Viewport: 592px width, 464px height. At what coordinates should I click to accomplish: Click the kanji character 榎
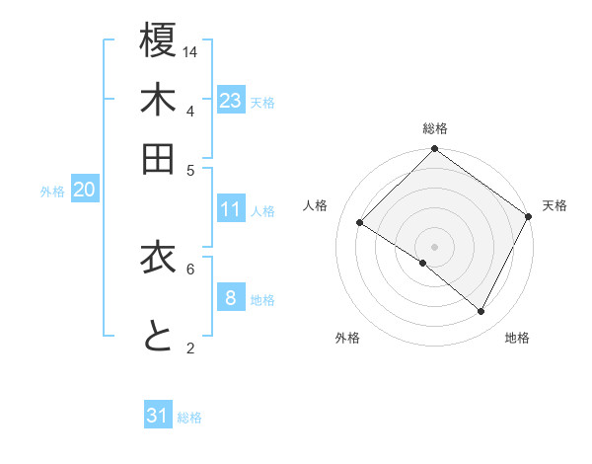[158, 41]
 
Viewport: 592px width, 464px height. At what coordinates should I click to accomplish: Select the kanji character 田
[158, 159]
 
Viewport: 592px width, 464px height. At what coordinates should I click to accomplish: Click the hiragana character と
[158, 337]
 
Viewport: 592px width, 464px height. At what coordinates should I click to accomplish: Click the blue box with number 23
[231, 100]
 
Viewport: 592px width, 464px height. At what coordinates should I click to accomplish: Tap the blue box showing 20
[84, 190]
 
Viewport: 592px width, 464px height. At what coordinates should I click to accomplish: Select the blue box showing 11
[231, 209]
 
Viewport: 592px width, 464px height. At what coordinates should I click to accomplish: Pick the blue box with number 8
[231, 297]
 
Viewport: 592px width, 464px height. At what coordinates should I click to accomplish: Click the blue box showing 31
[158, 416]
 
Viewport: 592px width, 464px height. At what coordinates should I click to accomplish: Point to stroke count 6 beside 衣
[190, 268]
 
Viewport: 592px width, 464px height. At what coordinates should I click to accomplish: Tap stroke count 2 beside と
[190, 348]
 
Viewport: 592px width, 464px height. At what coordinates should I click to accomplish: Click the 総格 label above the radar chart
[435, 128]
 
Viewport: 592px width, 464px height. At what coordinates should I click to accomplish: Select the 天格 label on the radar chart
[555, 205]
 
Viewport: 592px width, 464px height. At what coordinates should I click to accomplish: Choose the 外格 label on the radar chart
[347, 338]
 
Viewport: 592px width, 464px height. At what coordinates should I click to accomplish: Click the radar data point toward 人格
[360, 223]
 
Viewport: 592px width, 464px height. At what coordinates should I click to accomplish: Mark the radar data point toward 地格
[481, 312]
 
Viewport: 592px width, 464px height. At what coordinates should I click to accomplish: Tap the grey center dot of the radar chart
[435, 246]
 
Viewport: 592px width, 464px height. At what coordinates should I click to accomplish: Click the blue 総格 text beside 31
[189, 418]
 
